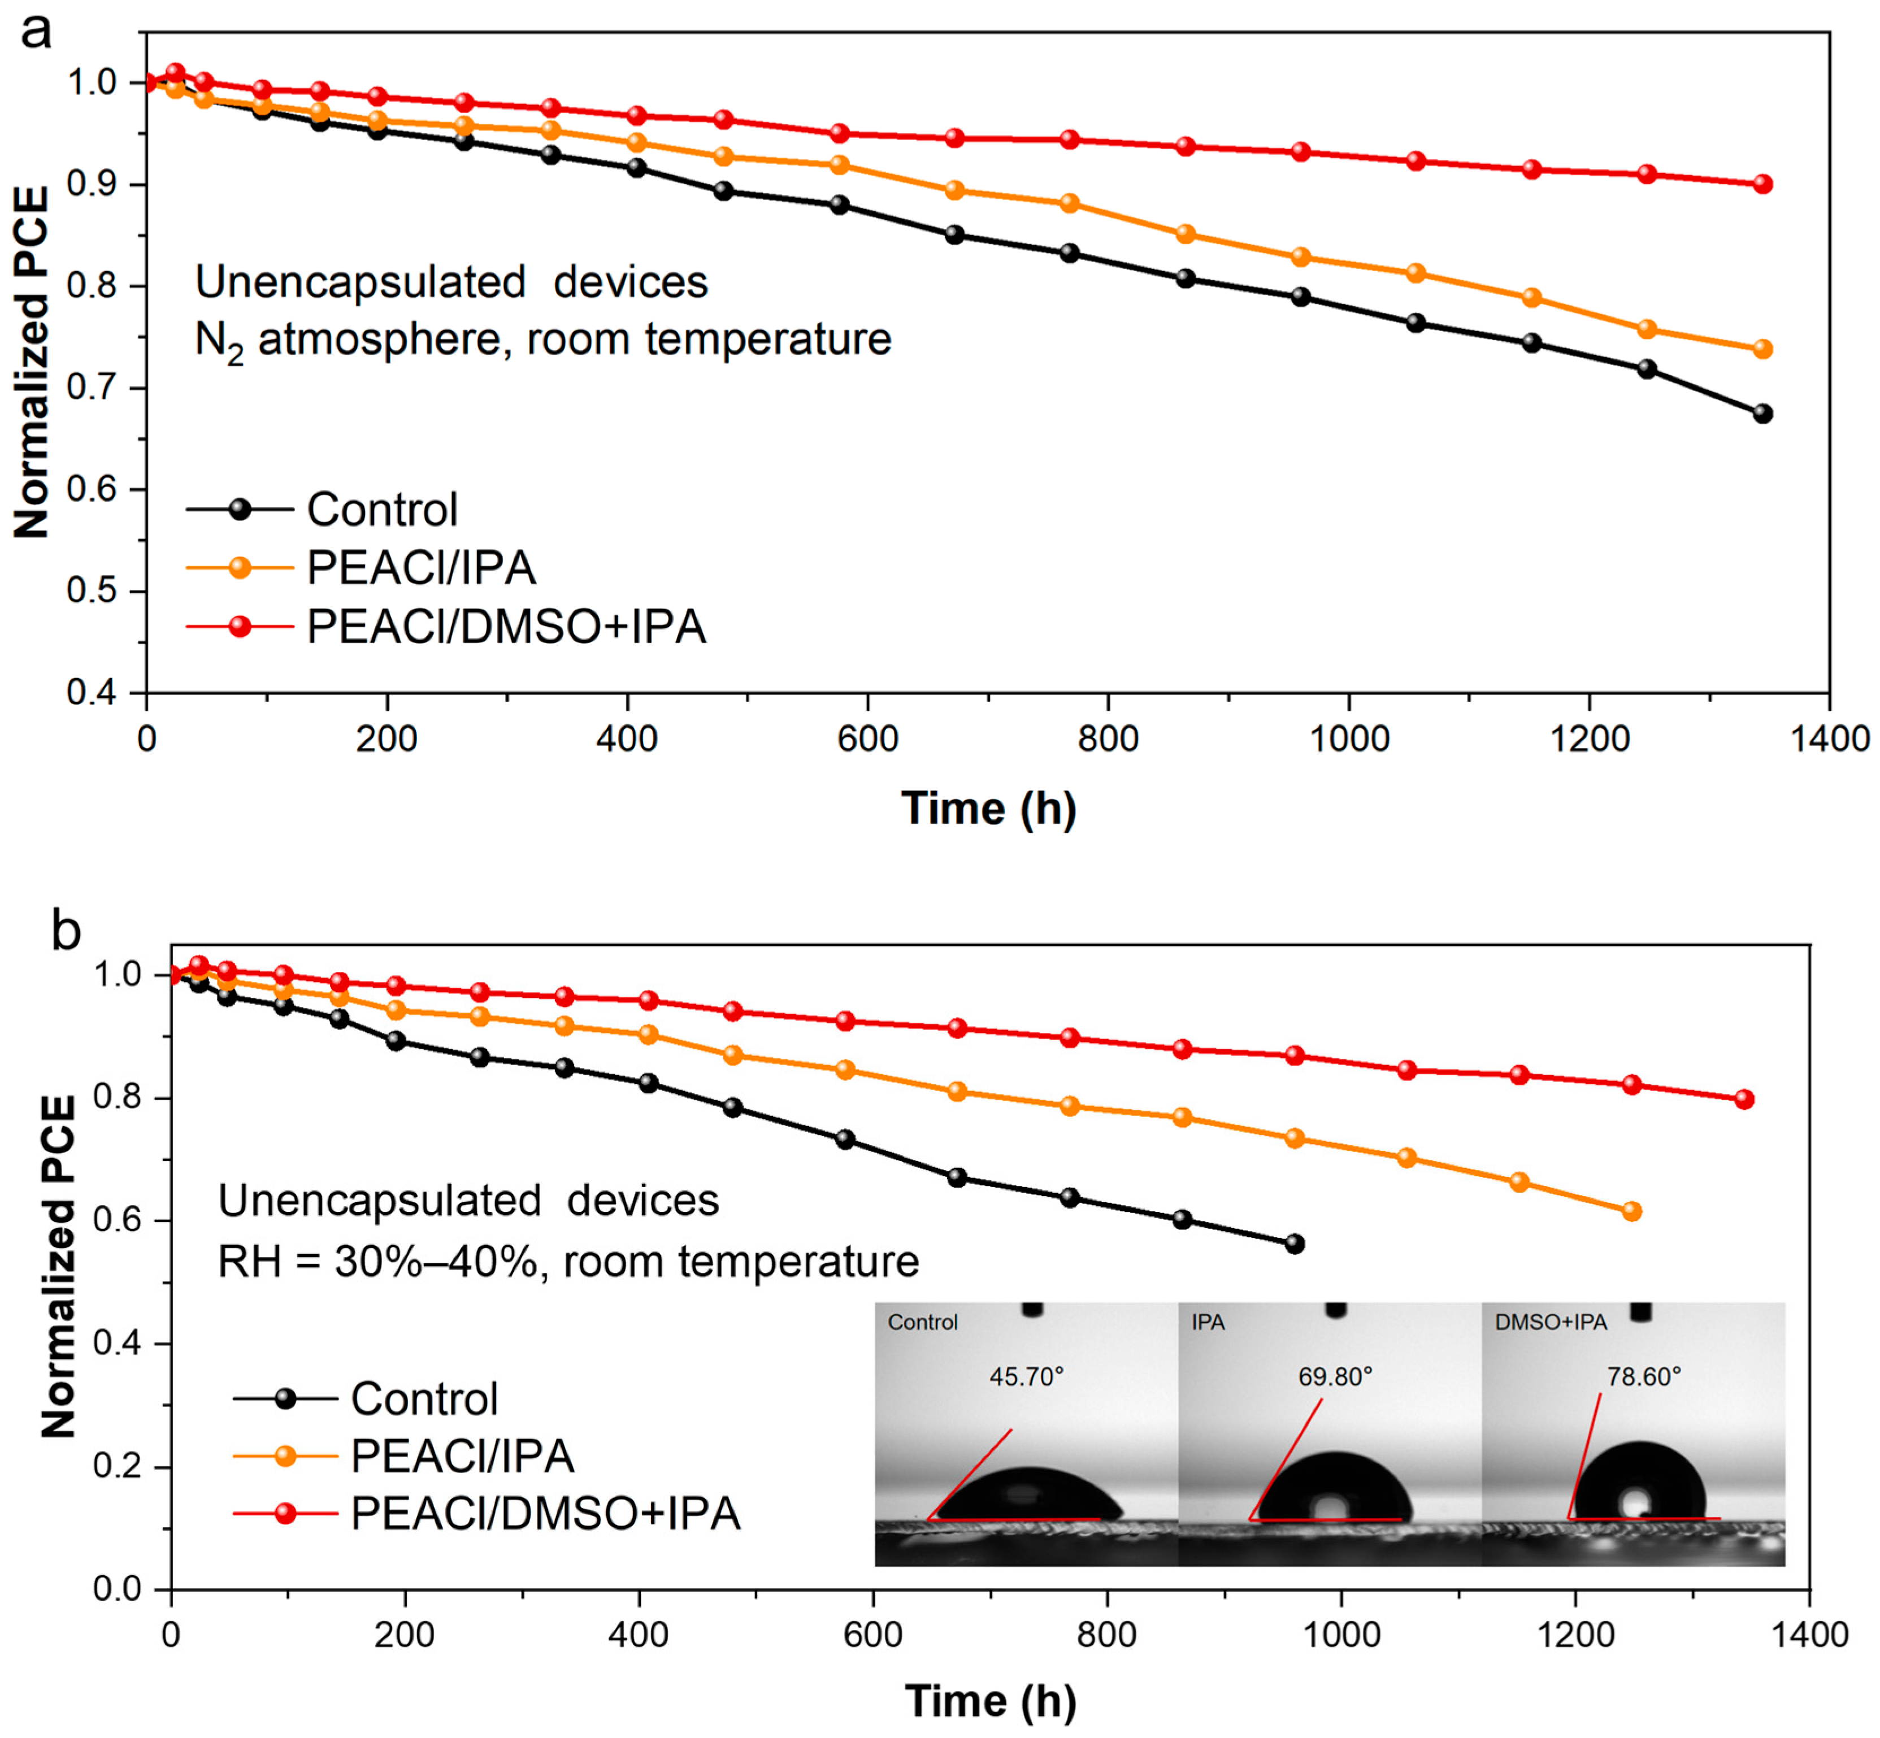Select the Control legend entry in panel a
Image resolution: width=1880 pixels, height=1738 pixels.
(381, 510)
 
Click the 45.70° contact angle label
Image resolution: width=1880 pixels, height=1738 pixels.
(1026, 1377)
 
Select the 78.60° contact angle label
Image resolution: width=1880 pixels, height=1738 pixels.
(1644, 1377)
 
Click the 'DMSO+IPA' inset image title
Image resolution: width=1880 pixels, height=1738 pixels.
(1550, 1322)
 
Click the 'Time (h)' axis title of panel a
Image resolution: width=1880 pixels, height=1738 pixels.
(988, 809)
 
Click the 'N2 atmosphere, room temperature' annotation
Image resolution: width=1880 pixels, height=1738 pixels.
(542, 340)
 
